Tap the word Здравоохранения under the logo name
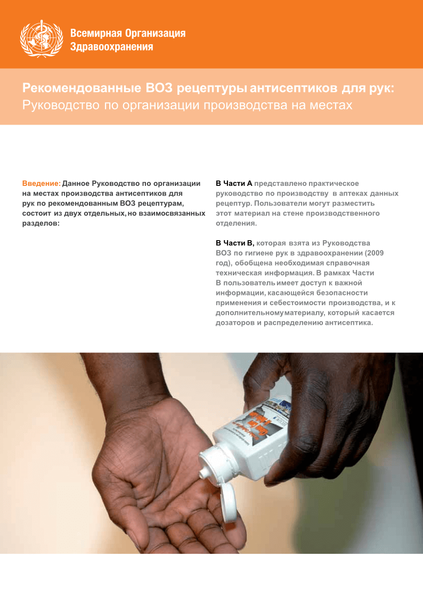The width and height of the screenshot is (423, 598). [112, 47]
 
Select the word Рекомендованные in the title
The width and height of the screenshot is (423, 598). [82, 87]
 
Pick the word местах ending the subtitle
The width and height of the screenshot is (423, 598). [332, 105]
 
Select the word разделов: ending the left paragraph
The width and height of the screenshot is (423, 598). [40, 224]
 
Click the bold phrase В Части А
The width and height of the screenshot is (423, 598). [234, 184]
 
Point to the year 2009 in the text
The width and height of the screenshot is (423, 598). [373, 253]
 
